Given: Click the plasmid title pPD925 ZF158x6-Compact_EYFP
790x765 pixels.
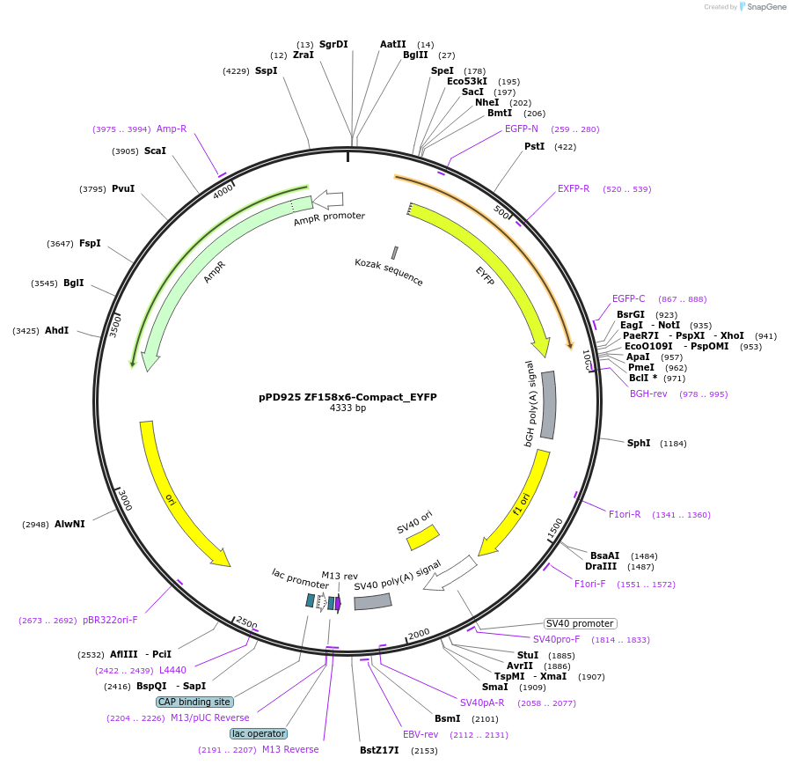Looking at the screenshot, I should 347,397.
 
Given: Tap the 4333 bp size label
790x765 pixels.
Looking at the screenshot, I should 347,408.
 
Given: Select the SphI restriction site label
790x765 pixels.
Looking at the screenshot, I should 639,443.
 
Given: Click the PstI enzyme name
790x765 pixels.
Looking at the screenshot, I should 534,146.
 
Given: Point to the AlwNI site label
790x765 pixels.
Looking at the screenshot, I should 69,524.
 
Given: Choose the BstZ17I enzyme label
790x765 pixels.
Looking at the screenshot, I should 379,750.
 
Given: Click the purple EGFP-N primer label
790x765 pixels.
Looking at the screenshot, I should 522,129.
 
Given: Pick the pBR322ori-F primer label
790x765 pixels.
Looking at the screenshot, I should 110,620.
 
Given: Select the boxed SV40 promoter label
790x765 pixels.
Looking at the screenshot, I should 580,623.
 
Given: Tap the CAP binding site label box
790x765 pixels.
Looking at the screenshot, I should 194,702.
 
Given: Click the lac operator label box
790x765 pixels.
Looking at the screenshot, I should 259,733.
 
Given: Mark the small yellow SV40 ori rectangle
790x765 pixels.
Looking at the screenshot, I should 422,537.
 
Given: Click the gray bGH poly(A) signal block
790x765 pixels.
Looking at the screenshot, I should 548,405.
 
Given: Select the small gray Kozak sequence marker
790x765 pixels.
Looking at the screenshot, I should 395,253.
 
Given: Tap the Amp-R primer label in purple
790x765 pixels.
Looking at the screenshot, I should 172,129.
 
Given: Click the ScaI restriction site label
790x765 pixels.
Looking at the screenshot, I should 155,151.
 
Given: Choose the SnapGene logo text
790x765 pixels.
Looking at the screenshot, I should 766,7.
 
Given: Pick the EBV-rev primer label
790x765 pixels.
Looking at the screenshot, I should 421,734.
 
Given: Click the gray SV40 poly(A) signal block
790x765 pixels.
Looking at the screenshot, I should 372,601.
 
